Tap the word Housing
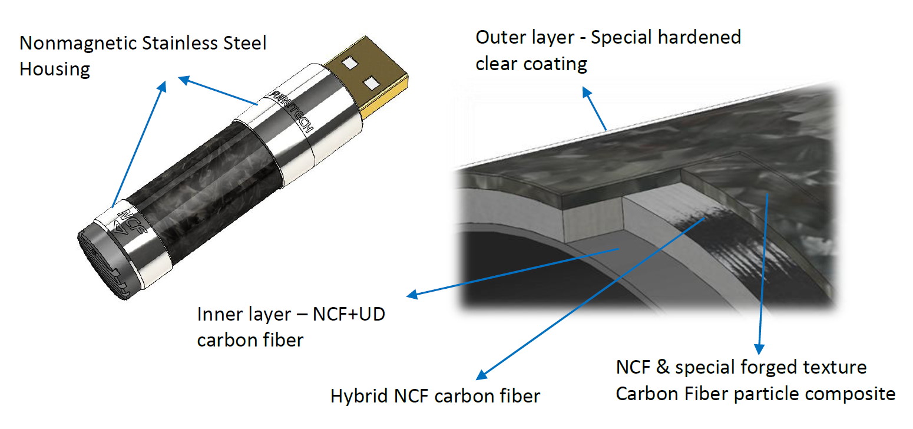coord(55,70)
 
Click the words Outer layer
coord(525,38)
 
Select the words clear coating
coord(531,64)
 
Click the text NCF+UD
coord(349,315)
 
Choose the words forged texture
coord(803,368)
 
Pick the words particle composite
coord(815,394)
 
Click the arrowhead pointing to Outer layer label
coord(587,92)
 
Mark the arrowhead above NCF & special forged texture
coord(759,349)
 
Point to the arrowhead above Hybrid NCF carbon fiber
coord(482,375)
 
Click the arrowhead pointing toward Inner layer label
coord(412,294)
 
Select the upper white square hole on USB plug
coord(350,63)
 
